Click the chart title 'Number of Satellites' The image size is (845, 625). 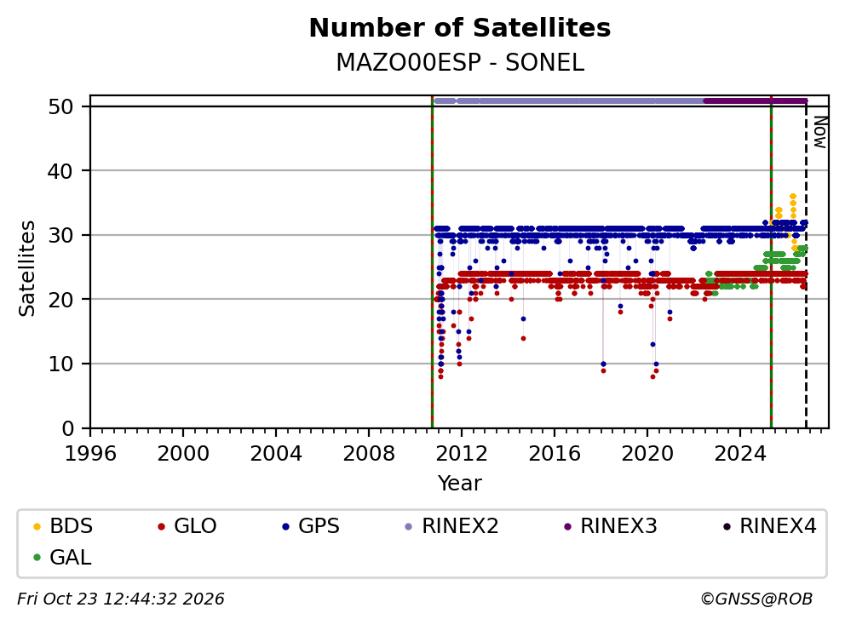[x=460, y=28]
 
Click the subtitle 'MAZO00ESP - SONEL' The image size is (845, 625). [x=460, y=62]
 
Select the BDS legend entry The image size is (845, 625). [x=62, y=526]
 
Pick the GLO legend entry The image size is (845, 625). [x=187, y=526]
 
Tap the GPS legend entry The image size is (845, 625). [x=311, y=526]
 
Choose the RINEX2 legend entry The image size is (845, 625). [x=451, y=526]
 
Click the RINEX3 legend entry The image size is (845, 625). [x=610, y=526]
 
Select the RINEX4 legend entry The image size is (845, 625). [x=769, y=526]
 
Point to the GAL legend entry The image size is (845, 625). [x=62, y=557]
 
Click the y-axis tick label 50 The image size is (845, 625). [x=60, y=106]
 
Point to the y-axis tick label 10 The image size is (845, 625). [x=60, y=364]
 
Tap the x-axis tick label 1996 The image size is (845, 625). [x=90, y=454]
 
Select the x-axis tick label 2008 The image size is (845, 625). [x=369, y=454]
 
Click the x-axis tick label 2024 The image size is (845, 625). [x=740, y=454]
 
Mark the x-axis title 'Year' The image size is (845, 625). [x=460, y=484]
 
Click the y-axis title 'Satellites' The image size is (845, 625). [x=27, y=268]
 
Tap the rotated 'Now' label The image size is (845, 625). [x=819, y=133]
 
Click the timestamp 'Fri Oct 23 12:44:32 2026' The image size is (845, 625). [x=121, y=599]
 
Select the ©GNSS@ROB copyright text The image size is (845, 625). [x=756, y=599]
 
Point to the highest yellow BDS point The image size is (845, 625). [x=793, y=197]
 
